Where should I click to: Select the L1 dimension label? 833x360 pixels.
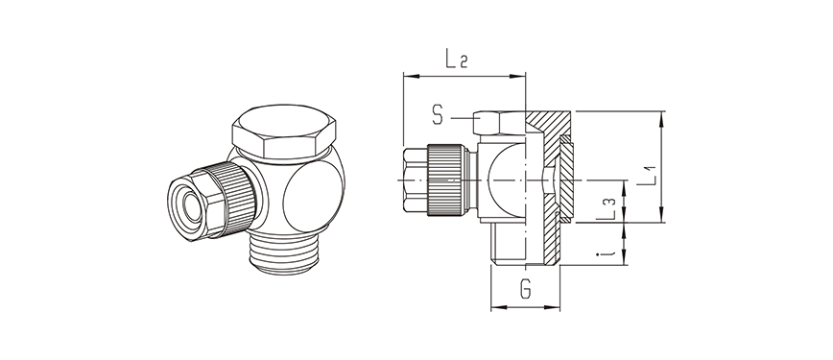(650, 172)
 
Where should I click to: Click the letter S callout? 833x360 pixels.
(438, 116)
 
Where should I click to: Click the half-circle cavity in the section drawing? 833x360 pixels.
(507, 180)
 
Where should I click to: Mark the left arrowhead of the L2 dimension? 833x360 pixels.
(407, 74)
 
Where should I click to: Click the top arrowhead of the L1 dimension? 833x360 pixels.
(662, 116)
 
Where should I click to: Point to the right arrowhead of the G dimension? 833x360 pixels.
(559, 308)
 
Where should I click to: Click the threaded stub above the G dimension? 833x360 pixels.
(525, 245)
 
